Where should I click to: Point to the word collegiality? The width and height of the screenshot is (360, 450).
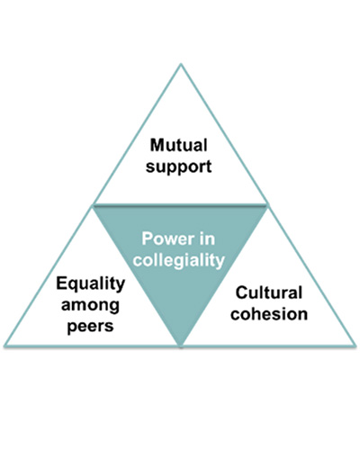click(x=181, y=261)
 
